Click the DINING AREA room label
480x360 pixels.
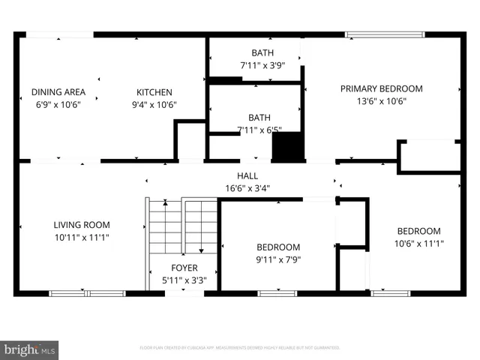click(58, 92)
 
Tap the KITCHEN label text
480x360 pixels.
click(154, 92)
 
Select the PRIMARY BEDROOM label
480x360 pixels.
click(381, 88)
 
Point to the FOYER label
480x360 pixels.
click(184, 268)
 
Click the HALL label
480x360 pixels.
click(248, 176)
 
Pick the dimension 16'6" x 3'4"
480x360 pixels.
click(248, 189)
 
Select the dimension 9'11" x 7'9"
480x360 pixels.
click(278, 260)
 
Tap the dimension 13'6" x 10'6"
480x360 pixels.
click(381, 101)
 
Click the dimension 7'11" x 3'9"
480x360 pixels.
click(262, 66)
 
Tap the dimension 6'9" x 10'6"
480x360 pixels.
click(58, 105)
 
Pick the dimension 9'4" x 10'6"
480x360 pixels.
click(154, 105)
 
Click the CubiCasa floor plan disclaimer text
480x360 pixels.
click(240, 348)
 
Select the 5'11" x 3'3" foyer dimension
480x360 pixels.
click(184, 280)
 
